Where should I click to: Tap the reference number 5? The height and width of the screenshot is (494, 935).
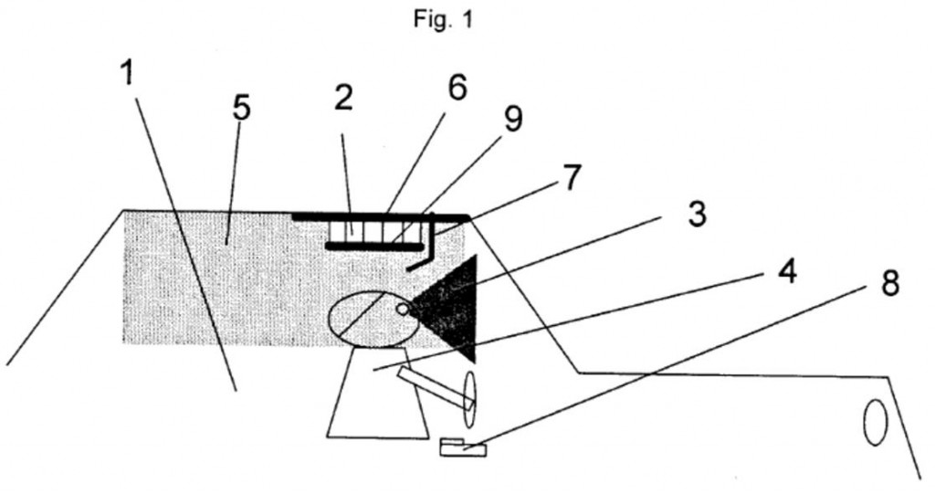(240, 108)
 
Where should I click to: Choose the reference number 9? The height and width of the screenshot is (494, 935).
(513, 119)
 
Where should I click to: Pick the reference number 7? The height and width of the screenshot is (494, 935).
(570, 177)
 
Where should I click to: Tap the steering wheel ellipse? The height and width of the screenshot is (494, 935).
(470, 400)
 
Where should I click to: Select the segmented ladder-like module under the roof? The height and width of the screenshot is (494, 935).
(375, 232)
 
